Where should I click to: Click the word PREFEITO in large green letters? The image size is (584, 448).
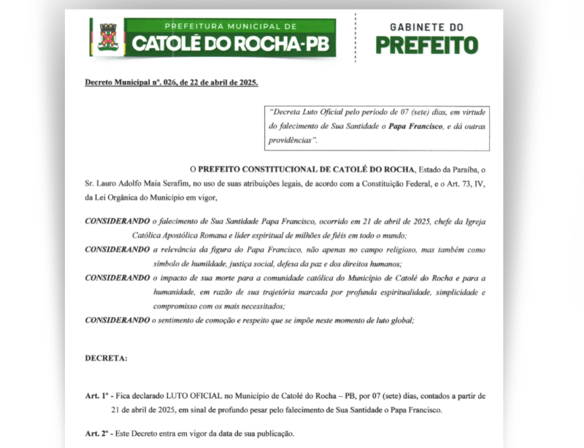click(427, 45)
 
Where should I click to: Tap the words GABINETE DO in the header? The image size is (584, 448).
click(427, 27)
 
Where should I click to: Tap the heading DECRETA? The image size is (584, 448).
click(107, 358)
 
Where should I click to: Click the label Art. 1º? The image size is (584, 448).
click(98, 395)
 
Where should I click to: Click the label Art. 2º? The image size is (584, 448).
click(98, 433)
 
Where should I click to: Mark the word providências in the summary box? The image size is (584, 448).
click(292, 139)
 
